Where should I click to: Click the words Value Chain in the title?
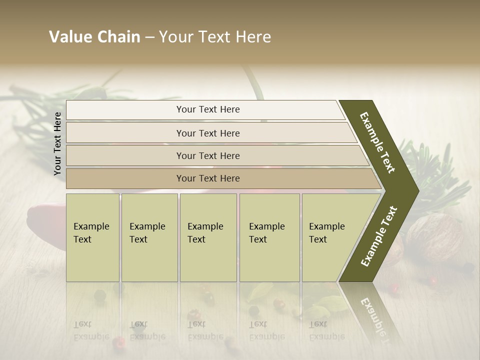click(94, 37)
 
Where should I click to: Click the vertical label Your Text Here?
click(57, 143)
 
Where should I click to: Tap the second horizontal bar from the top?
click(208, 133)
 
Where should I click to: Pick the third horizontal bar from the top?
click(208, 155)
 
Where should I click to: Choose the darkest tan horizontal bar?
click(208, 178)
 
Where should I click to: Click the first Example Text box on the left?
click(92, 237)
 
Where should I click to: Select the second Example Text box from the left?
click(149, 237)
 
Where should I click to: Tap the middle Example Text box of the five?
click(207, 237)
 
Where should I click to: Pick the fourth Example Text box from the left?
click(269, 237)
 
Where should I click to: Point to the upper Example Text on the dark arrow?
click(377, 142)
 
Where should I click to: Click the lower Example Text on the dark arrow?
click(379, 236)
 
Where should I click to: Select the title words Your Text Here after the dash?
click(215, 37)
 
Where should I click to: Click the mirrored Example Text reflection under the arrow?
click(372, 312)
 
